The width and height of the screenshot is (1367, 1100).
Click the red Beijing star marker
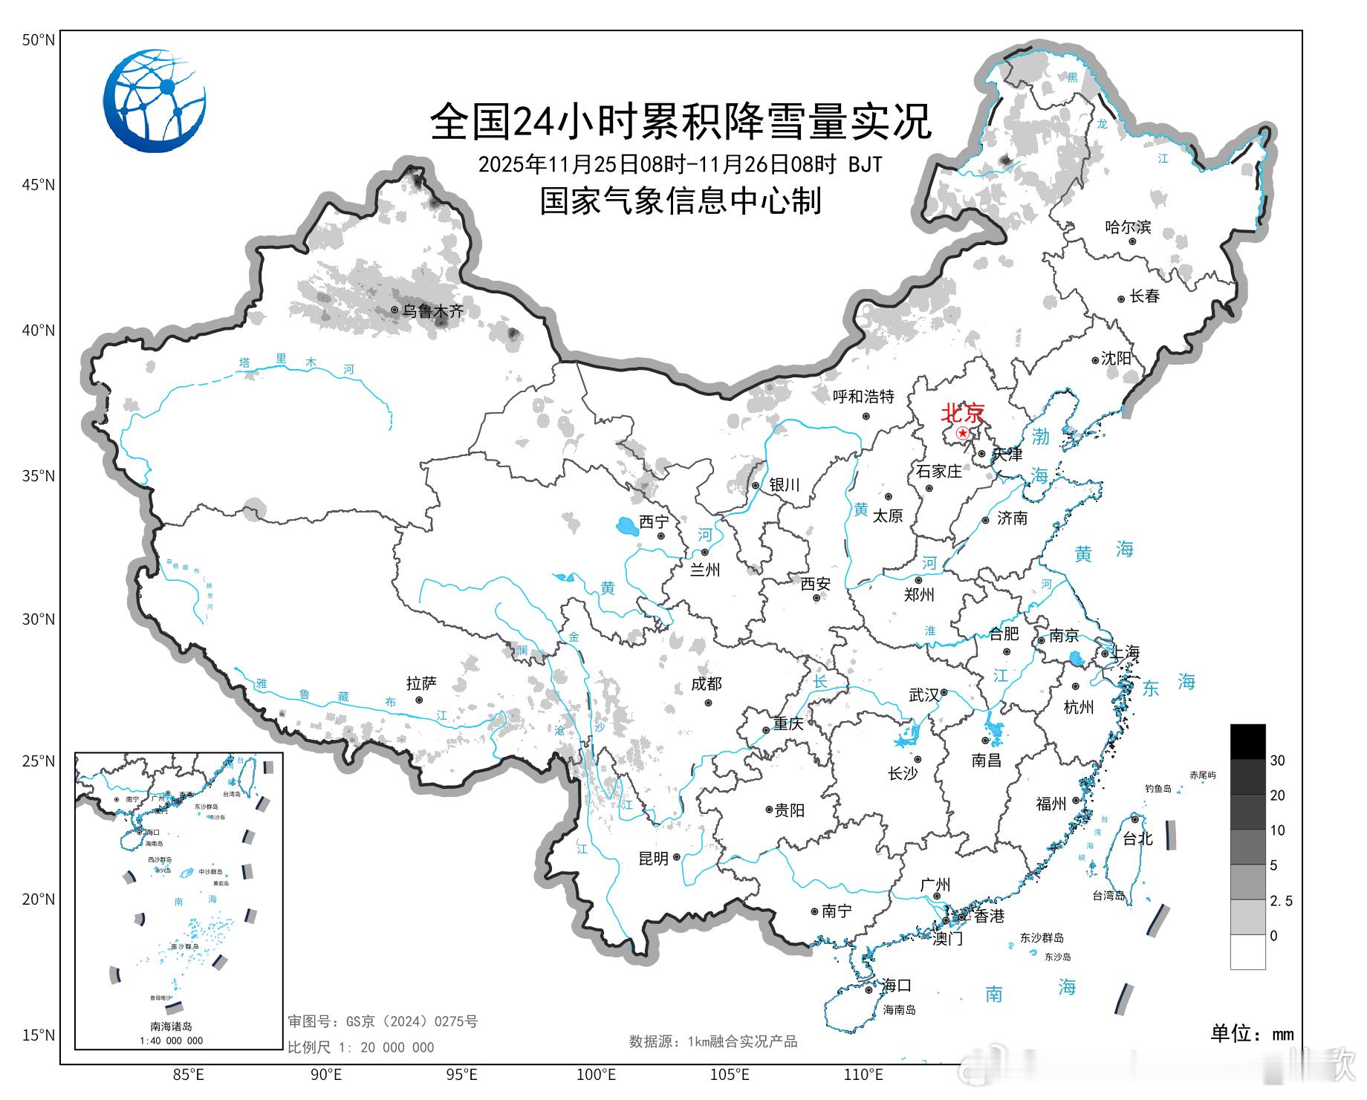click(963, 433)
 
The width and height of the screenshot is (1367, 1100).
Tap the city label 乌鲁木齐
click(432, 311)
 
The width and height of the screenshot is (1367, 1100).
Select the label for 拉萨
click(421, 683)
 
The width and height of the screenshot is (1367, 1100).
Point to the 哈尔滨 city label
click(1128, 227)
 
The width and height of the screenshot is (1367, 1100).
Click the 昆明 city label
click(654, 859)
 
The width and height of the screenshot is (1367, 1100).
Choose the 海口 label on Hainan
click(897, 986)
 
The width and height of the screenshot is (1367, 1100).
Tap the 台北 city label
click(1137, 839)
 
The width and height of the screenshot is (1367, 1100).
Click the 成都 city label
click(706, 684)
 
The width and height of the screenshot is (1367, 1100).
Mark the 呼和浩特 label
click(863, 397)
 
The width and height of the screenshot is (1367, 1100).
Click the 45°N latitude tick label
click(38, 185)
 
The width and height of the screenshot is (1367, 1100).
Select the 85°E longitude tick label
click(189, 1074)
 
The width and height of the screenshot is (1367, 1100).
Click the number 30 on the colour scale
click(1277, 761)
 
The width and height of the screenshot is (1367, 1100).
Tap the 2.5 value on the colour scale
click(1281, 901)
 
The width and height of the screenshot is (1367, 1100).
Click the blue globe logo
click(155, 101)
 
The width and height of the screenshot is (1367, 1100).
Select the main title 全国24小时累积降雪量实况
click(681, 122)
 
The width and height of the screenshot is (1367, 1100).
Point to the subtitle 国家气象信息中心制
click(681, 201)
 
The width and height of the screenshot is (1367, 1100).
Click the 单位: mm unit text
click(1252, 1033)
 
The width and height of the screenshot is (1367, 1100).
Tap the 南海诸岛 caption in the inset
click(172, 1026)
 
